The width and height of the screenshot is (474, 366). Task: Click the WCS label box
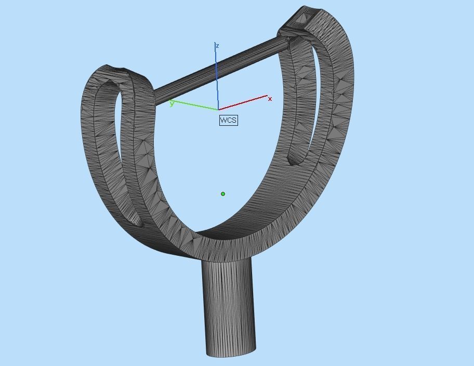[x=228, y=120]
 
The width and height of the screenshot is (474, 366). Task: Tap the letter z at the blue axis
[x=217, y=46]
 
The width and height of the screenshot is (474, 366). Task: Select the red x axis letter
[x=270, y=99]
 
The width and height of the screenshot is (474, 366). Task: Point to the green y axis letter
[x=172, y=104]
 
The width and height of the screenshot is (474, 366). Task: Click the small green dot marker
[x=223, y=194]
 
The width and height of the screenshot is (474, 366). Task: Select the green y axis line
[x=195, y=106]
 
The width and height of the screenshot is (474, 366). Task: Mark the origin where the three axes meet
[x=218, y=110]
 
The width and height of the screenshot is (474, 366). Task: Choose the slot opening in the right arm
[x=307, y=104]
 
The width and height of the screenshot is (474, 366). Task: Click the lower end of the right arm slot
[x=294, y=161]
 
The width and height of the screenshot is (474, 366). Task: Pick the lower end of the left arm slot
[x=139, y=224]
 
